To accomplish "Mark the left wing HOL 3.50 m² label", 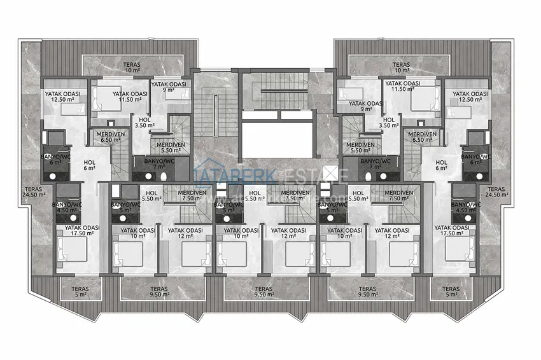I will [x=144, y=122].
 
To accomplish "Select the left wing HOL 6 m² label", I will [x=89, y=165].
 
